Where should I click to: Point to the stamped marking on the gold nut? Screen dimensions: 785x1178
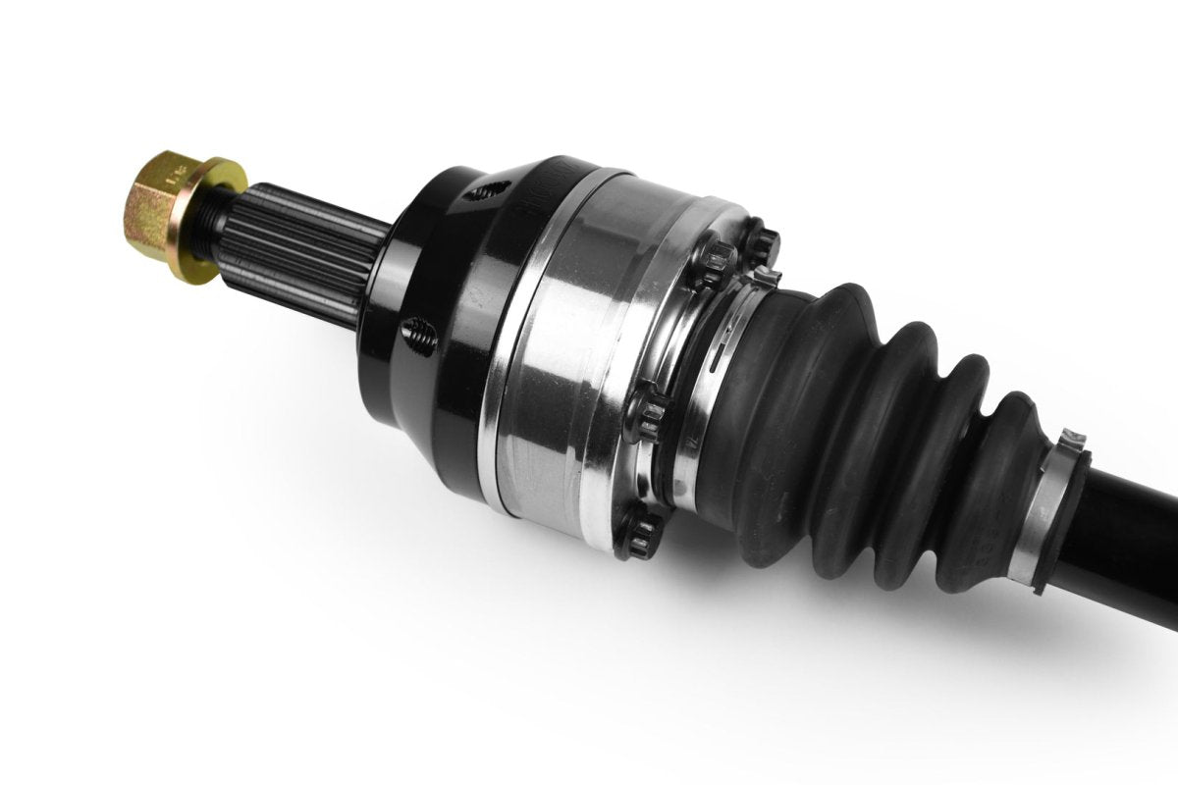177,177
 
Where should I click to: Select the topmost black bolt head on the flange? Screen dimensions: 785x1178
761,241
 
